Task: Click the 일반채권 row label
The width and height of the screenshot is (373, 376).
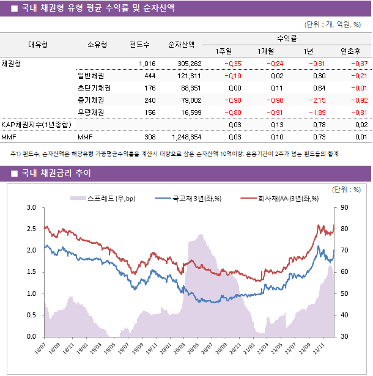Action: [x=90, y=76]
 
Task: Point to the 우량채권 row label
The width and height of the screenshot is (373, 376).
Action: [x=90, y=112]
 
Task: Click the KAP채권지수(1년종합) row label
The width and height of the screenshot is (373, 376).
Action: [x=36, y=125]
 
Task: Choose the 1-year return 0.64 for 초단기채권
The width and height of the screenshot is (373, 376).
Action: [x=319, y=88]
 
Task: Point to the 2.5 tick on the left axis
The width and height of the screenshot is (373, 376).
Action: [x=31, y=229]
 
